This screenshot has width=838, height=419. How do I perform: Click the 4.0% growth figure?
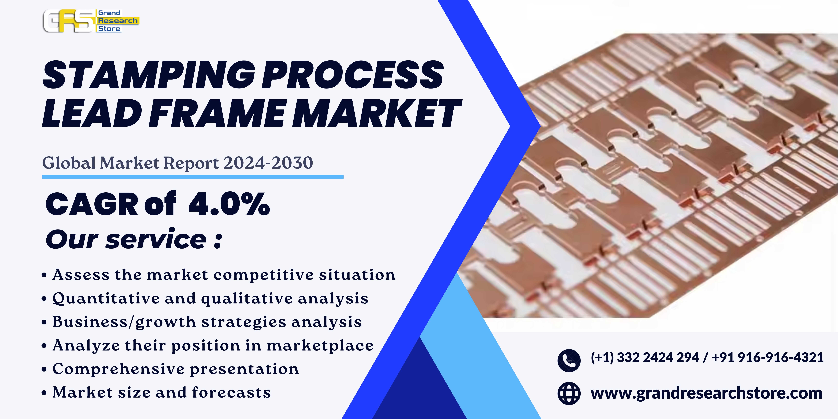pyautogui.click(x=229, y=204)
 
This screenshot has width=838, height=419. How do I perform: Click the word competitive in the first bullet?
pyautogui.click(x=263, y=275)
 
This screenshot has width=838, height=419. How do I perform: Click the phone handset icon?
pyautogui.click(x=569, y=360)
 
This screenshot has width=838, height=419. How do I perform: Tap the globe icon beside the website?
pyautogui.click(x=569, y=393)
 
